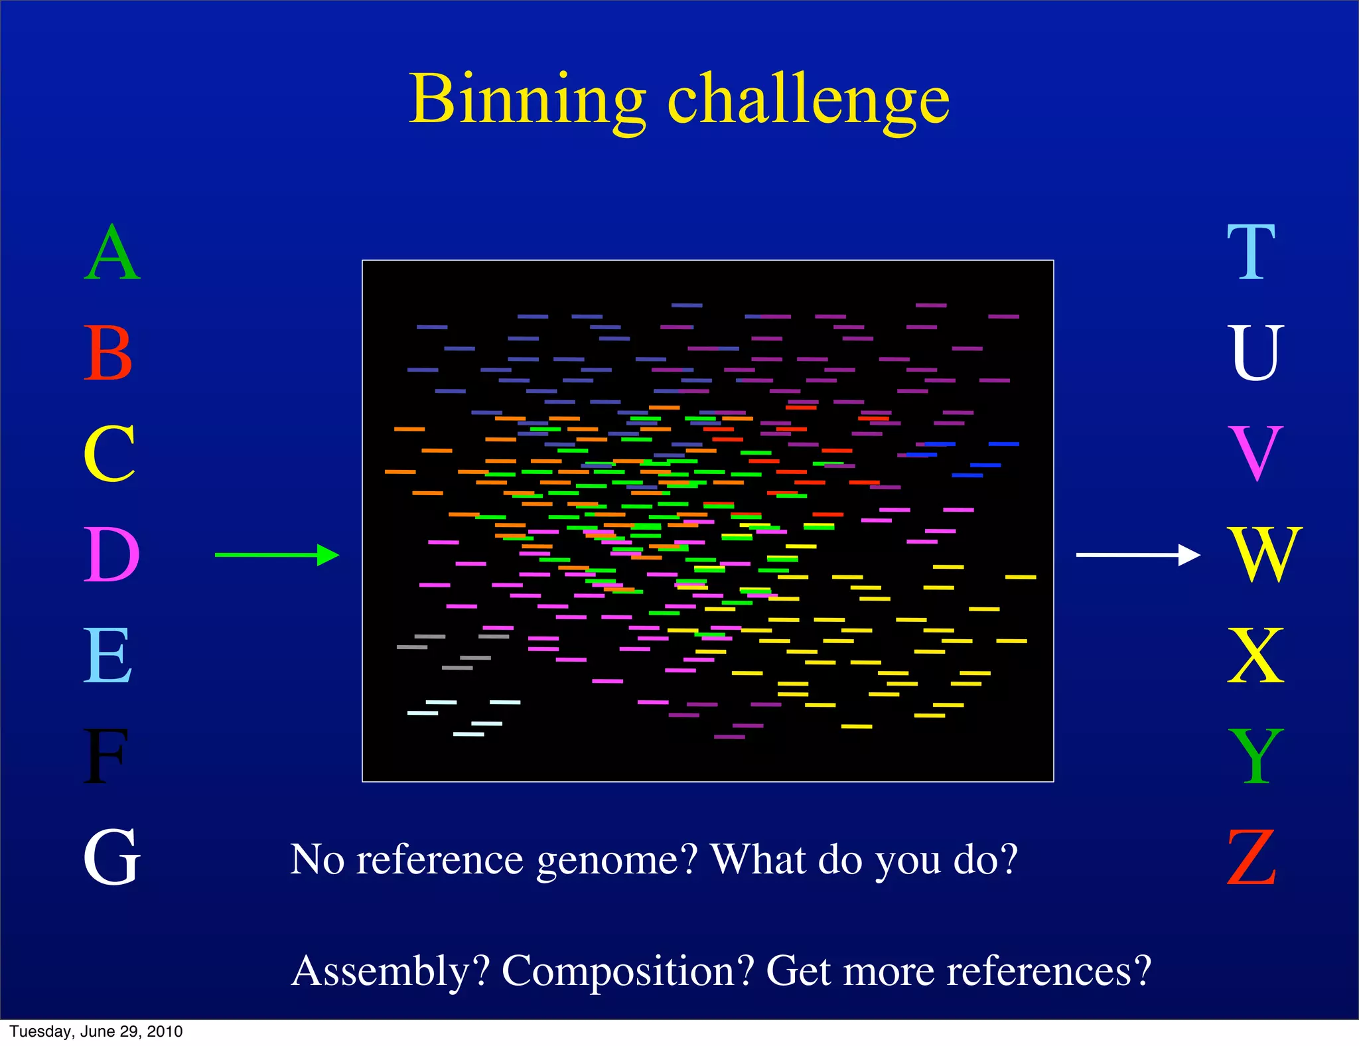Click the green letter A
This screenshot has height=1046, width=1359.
112,253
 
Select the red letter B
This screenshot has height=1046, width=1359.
108,353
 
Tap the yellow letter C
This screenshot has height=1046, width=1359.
110,454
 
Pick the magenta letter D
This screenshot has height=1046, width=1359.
111,555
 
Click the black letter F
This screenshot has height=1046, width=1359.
105,756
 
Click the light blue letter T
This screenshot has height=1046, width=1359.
1251,253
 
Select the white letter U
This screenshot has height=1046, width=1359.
1255,353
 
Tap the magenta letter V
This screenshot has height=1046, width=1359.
1255,454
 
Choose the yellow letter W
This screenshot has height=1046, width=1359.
1265,555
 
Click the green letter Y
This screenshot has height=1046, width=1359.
1255,756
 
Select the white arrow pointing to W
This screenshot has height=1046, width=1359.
1137,554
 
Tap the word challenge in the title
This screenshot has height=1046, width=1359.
808,101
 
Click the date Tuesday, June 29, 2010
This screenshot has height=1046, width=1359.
96,1031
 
